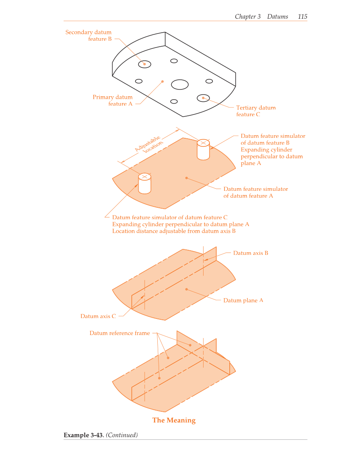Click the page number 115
click(302, 17)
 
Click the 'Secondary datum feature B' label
click(89, 36)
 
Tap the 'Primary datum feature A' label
click(112, 101)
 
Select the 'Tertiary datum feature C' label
click(256, 111)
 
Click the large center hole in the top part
click(180, 84)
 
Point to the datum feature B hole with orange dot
click(145, 64)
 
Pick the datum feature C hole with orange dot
click(203, 98)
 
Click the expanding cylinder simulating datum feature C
click(145, 184)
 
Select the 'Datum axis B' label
click(251, 253)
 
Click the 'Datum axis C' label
click(98, 316)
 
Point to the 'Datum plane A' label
click(243, 301)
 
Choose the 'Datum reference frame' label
click(120, 333)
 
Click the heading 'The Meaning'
click(174, 420)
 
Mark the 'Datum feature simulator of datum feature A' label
click(256, 193)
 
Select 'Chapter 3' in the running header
click(248, 17)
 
